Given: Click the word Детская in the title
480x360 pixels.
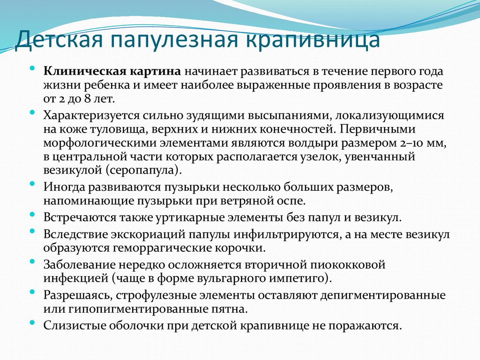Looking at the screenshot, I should click(58, 39).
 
